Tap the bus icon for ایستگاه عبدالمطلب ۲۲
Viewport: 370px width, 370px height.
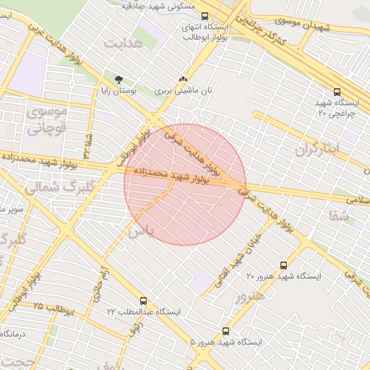point(143,301)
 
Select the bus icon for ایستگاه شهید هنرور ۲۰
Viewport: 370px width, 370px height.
point(283,266)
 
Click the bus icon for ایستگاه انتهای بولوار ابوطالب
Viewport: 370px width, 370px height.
point(205,15)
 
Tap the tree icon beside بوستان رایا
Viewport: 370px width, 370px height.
point(119,79)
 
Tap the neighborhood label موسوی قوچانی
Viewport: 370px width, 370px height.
point(47,121)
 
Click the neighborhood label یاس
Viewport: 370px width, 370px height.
point(140,232)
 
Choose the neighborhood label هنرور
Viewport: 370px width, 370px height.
point(250,296)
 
